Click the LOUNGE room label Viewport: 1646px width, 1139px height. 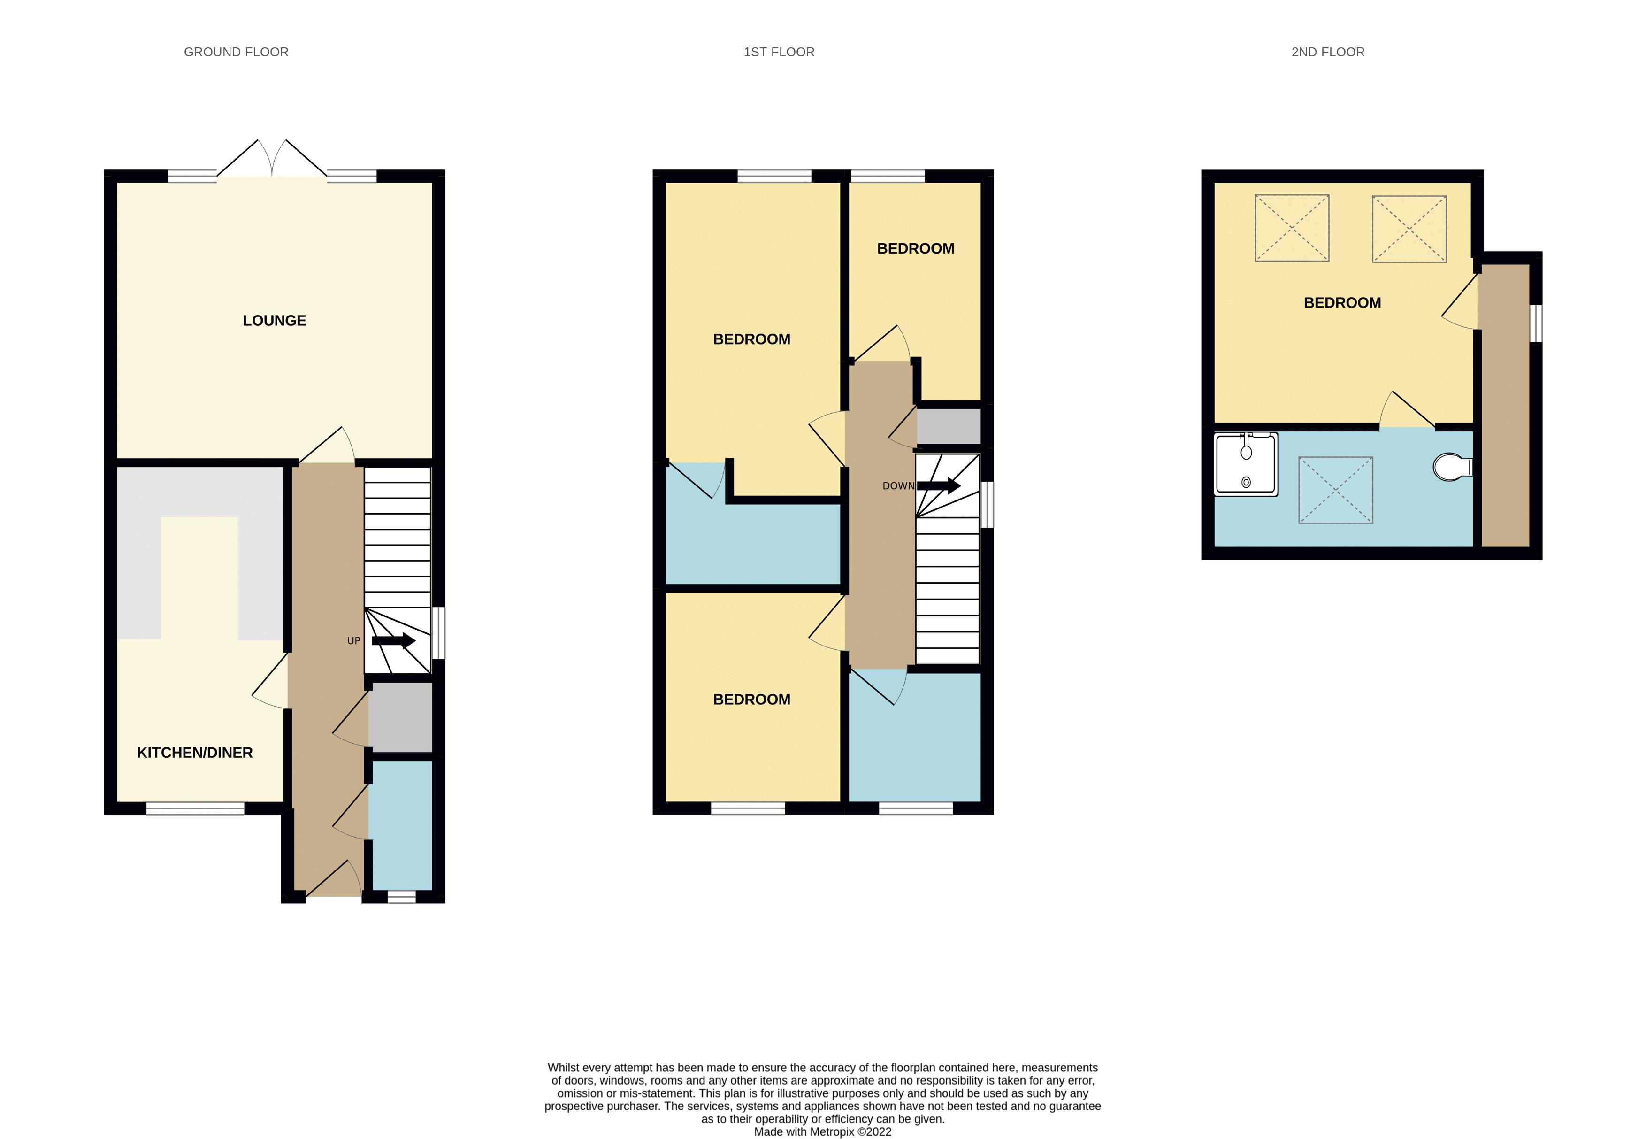[274, 321]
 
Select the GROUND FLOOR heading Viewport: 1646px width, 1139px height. [236, 52]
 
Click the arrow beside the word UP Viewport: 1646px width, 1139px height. [393, 640]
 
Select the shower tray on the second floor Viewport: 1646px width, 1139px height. [1246, 465]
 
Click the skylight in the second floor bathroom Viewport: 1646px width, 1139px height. [1335, 490]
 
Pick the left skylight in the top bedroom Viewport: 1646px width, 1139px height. [1291, 228]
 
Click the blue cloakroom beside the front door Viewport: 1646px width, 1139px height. [400, 824]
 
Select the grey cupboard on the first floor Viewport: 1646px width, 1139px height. [948, 426]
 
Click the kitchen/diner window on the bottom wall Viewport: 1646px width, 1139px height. [196, 808]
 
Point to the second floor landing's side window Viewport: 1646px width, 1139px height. [1538, 323]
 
